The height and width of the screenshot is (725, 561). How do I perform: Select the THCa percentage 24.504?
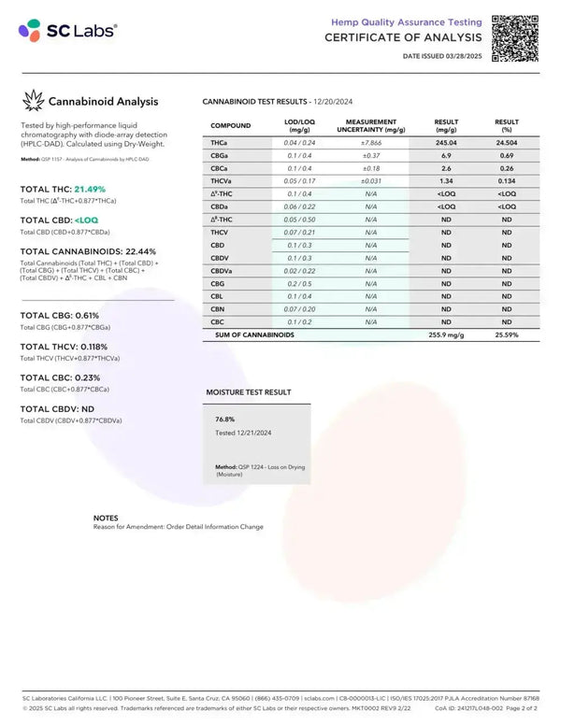point(507,141)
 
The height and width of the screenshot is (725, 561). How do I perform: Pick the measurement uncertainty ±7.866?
point(370,141)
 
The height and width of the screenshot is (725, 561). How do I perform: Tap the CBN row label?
point(218,307)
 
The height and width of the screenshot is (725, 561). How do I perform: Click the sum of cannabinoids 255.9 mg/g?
point(445,334)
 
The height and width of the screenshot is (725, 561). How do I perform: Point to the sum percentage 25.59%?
point(507,334)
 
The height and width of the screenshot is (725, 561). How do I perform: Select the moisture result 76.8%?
point(224,419)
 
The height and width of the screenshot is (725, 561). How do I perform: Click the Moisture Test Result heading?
point(248,391)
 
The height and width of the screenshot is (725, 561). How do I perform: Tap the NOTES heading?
point(106,517)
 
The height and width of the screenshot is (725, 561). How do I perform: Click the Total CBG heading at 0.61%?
point(60,315)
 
